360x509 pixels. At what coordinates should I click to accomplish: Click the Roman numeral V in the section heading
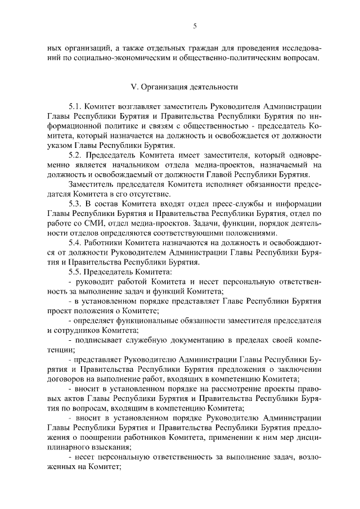[x=133, y=87]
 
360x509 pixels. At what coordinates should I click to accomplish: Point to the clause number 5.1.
[x=75, y=106]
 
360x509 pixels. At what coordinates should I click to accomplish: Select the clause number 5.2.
[x=75, y=155]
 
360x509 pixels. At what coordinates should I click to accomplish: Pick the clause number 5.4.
[x=75, y=242]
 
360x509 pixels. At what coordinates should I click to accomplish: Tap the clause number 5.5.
[x=75, y=272]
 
